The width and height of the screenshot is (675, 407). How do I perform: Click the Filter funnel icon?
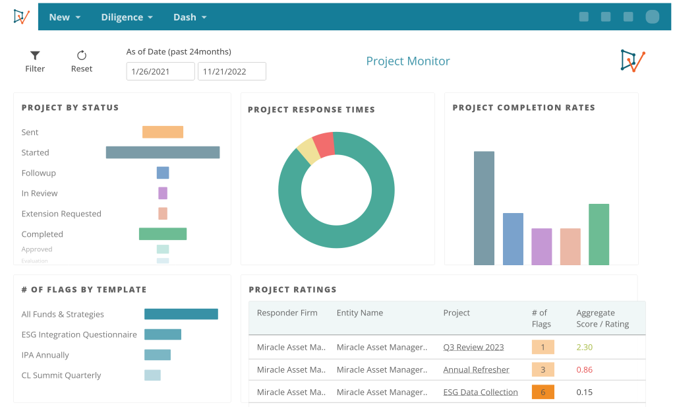(x=35, y=55)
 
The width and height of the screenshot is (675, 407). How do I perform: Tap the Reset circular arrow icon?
(x=82, y=55)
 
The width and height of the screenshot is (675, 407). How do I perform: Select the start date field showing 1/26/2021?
(x=160, y=71)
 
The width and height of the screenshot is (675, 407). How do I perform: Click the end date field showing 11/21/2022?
(x=231, y=71)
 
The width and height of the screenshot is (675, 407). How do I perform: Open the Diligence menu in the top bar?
(x=127, y=17)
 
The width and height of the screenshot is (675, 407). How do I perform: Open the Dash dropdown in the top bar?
(x=190, y=17)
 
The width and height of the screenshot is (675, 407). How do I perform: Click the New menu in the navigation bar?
(x=65, y=17)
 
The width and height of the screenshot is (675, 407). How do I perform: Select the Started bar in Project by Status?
(x=163, y=152)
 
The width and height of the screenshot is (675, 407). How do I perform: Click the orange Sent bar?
(x=163, y=132)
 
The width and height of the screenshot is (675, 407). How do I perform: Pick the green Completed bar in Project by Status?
(x=163, y=234)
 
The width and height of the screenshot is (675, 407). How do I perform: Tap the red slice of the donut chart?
(x=324, y=144)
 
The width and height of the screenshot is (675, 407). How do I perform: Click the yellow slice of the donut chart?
(x=308, y=151)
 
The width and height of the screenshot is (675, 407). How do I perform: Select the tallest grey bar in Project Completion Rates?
(x=484, y=208)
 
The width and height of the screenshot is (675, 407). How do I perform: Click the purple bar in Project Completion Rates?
(x=541, y=247)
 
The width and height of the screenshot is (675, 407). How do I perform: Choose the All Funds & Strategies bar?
(x=181, y=314)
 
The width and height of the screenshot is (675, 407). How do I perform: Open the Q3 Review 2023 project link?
(x=473, y=347)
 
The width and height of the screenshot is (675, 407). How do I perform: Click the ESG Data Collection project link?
(x=480, y=392)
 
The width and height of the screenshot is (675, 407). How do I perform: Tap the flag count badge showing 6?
(x=543, y=392)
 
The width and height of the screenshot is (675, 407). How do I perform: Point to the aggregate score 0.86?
(x=584, y=369)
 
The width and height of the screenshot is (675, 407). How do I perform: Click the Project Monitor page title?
(x=408, y=61)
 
